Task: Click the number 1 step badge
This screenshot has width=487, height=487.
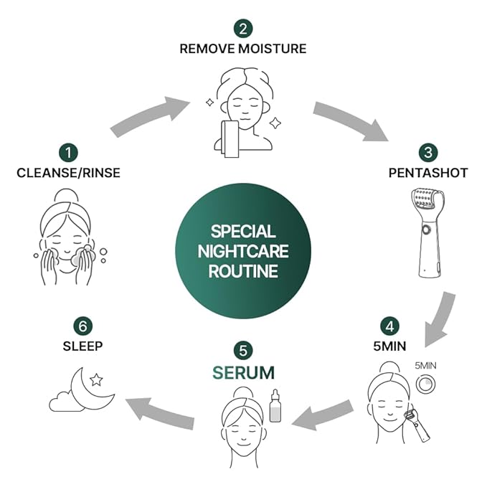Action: [70, 152]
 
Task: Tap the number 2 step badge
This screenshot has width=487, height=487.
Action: [243, 29]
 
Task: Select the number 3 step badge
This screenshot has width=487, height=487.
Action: [428, 152]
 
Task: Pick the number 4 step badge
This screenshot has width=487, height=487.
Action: [389, 325]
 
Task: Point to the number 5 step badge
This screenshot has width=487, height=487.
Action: [243, 351]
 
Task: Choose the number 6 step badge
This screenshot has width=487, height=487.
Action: [83, 325]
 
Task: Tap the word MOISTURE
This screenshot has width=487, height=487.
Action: [275, 49]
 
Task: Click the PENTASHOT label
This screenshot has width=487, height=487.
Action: [427, 173]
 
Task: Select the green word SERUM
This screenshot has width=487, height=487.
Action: [243, 372]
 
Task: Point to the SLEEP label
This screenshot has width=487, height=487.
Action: [83, 346]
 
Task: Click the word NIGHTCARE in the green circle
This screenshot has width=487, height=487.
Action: [243, 252]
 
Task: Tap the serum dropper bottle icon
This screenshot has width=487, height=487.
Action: [275, 407]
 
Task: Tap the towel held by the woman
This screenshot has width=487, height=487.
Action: [231, 139]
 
